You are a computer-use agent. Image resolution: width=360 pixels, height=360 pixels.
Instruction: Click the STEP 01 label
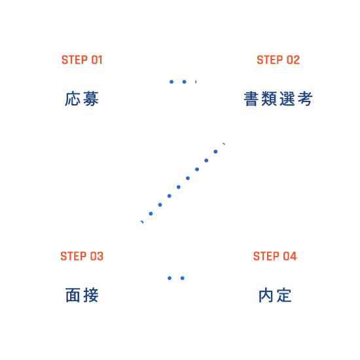point(82,60)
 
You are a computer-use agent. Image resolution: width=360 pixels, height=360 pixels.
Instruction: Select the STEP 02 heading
point(278,60)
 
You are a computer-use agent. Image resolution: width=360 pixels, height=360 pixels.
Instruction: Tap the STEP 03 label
point(82,256)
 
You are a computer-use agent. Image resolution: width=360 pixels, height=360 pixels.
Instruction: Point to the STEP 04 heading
point(275,256)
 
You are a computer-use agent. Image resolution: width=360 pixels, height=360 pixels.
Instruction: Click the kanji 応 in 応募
point(73,99)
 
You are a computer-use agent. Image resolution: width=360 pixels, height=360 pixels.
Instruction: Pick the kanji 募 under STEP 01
point(91,99)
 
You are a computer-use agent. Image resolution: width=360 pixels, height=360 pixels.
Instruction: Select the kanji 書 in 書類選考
point(251,99)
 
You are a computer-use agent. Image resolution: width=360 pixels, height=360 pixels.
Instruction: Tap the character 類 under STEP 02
point(269,99)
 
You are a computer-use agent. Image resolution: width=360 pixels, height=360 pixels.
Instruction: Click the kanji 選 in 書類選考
point(287,99)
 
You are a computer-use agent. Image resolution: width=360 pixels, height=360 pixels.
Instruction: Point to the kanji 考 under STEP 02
point(305,99)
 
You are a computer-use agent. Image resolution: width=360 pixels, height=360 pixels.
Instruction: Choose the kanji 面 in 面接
point(73,295)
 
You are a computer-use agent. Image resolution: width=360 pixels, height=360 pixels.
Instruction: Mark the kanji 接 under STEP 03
point(91,295)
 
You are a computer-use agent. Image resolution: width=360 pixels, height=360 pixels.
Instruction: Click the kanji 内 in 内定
point(266,295)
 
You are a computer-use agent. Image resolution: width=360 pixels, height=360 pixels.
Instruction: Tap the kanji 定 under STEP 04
point(284,295)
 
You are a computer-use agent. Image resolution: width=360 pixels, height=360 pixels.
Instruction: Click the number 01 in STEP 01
point(97,60)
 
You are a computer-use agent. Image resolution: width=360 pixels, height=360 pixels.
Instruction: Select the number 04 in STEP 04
point(290,256)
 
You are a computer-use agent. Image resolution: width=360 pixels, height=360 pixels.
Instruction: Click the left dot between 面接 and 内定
point(170,278)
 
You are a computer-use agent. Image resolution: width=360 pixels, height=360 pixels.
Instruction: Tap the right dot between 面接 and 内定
point(183,278)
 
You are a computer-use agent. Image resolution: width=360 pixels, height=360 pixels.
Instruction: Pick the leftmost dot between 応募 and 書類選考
point(171,82)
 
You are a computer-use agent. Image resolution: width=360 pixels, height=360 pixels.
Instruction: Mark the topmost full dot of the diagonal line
point(215,152)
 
